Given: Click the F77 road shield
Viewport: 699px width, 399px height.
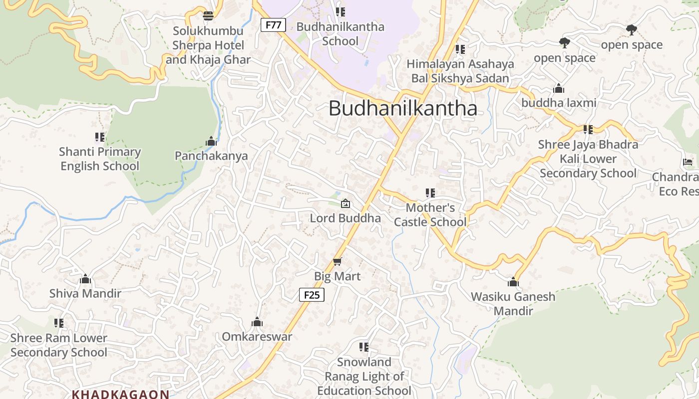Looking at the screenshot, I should coord(273,25).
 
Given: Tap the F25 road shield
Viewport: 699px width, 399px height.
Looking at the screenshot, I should coord(312,295).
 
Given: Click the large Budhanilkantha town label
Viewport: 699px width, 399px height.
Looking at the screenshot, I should coord(402,108).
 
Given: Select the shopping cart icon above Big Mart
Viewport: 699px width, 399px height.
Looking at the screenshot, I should coord(338,262).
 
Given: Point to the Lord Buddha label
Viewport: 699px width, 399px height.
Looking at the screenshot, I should coord(345,218).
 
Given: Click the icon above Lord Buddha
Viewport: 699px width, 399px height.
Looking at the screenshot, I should coord(345,203).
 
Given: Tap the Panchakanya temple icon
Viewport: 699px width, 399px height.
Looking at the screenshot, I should coord(211,141).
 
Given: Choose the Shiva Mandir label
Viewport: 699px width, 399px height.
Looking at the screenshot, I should coord(85,293).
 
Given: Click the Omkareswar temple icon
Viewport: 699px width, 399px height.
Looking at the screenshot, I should coord(257,322).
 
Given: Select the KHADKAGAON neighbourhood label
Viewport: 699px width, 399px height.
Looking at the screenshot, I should coord(121,394).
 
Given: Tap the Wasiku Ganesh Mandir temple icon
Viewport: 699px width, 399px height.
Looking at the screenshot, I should coord(513,282).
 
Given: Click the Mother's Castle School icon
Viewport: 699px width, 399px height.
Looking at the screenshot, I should coord(430,193).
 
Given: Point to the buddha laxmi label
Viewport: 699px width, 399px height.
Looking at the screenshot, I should coord(559,103).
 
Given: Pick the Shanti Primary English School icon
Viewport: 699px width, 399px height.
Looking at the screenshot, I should coord(100,137).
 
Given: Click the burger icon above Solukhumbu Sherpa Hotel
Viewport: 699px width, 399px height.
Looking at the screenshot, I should coord(208,15).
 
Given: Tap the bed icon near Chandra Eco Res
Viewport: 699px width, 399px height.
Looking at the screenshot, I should coord(688,162).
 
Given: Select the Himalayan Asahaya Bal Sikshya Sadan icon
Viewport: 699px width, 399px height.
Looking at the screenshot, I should coord(460,49).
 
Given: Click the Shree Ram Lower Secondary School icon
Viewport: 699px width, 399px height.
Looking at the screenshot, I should coord(59,323).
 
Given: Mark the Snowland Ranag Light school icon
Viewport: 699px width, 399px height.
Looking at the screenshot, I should coord(364,347).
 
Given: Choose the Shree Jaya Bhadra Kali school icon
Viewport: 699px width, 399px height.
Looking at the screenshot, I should coord(588,130).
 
